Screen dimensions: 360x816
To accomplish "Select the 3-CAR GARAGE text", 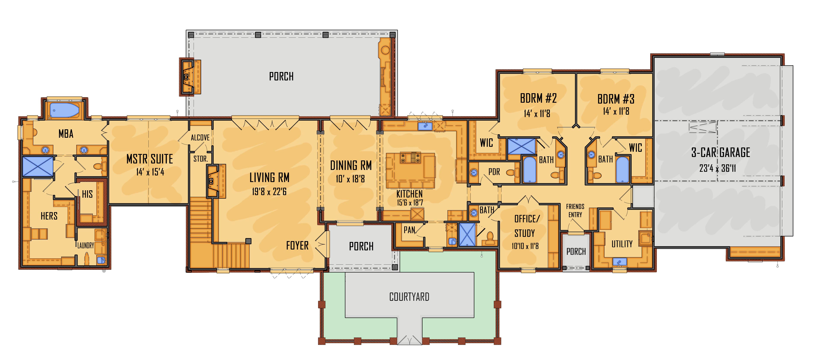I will click(x=720, y=153).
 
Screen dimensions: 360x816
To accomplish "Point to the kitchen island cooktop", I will click(x=411, y=158).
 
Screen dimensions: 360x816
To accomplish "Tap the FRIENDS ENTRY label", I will click(x=575, y=210).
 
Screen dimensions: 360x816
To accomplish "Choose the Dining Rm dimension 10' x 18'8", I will click(x=350, y=179).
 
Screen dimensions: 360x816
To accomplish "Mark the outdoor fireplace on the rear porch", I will click(x=188, y=77).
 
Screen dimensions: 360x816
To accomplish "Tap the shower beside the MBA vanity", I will click(x=38, y=167).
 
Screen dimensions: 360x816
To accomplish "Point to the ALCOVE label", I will click(x=200, y=138).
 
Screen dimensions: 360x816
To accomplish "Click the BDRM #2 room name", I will click(x=538, y=99).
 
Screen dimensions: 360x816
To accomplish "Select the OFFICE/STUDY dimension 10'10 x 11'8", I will click(x=525, y=246).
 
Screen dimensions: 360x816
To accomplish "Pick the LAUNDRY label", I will click(x=86, y=246).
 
